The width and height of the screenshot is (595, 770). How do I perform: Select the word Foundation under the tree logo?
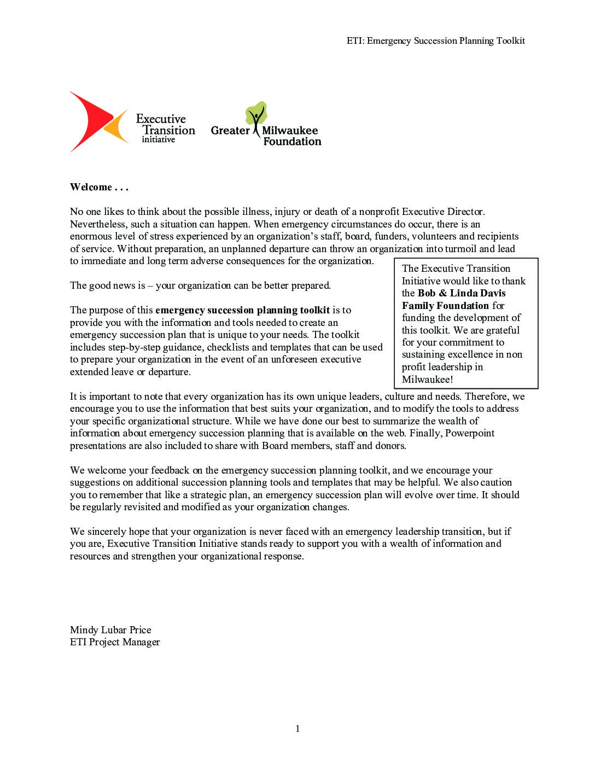tap(292, 142)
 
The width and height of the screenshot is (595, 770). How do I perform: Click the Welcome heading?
tap(98, 187)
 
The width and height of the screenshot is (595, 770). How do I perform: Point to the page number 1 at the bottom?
tap(297, 728)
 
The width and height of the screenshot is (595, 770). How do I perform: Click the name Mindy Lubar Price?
tap(110, 630)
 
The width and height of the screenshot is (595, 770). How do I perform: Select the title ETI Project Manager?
tap(115, 642)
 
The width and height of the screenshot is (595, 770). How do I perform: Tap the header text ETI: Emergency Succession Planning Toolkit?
tap(435, 40)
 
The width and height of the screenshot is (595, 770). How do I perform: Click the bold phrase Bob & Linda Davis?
tap(462, 293)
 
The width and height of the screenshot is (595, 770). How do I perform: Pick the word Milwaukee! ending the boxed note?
tap(427, 380)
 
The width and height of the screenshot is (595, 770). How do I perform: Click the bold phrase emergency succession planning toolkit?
tap(242, 310)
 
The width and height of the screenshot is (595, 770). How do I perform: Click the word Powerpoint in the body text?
tap(470, 433)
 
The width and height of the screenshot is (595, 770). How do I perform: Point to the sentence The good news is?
tap(200, 285)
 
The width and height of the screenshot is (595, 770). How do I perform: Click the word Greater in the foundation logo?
tap(230, 131)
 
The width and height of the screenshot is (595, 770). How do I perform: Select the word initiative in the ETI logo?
tap(158, 140)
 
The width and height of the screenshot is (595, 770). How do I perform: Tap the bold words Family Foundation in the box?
tap(445, 306)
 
